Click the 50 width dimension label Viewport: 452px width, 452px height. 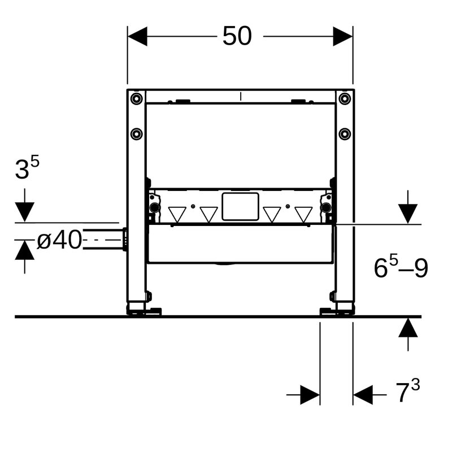tap(237, 37)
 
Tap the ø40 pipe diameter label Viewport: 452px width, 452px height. tap(59, 241)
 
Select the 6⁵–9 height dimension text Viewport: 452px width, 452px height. tap(401, 268)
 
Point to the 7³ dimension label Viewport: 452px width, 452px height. tap(407, 392)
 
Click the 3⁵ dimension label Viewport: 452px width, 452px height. tap(27, 168)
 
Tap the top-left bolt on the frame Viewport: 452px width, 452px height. tap(136, 99)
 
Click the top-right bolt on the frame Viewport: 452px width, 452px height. tap(345, 99)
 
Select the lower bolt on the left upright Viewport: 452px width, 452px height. tap(136, 134)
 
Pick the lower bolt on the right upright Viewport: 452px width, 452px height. tap(345, 134)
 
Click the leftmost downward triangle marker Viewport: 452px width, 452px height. tap(177, 214)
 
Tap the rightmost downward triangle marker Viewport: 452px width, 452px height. tap(303, 214)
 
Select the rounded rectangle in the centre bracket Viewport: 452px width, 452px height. tap(240, 206)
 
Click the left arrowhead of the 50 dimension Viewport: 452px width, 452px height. tap(137, 37)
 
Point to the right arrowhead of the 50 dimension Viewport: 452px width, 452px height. tap(343, 37)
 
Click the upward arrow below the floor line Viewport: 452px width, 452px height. tap(408, 328)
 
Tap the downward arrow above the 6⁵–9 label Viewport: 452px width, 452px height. tap(408, 213)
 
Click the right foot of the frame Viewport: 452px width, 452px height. tap(337, 310)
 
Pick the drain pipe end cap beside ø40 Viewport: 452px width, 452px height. tap(124, 240)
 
